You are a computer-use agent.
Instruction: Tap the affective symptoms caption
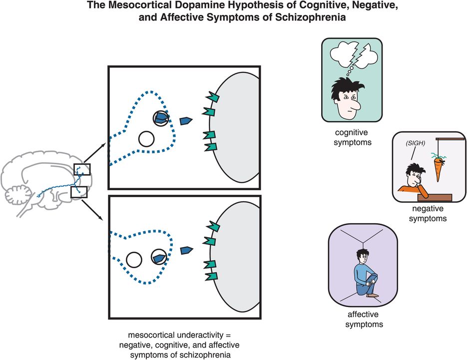pos(363,320)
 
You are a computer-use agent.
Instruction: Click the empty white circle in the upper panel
pos(146,138)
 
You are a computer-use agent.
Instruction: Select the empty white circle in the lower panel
pos(133,260)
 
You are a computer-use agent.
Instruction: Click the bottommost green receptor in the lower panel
pos(213,275)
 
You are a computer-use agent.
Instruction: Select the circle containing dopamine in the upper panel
pos(161,118)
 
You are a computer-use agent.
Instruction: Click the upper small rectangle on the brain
pos(82,170)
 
